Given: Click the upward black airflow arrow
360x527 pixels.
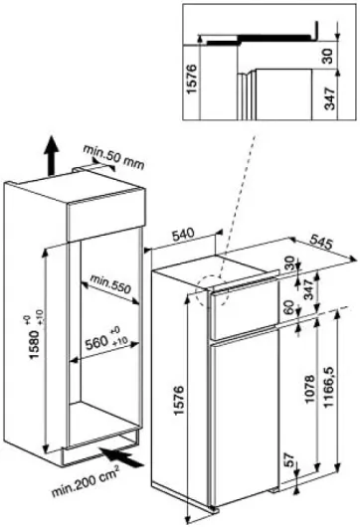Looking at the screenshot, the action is [51, 155].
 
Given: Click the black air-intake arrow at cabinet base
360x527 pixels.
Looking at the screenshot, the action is [123, 457].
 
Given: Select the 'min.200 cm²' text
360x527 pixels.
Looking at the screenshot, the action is [86, 480].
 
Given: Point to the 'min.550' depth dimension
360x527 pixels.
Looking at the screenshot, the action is [109, 283].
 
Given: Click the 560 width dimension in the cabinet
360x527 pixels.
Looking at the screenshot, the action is [106, 339].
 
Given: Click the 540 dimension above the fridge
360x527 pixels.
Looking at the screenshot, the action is [184, 235].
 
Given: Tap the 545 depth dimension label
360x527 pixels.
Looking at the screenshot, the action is [321, 243].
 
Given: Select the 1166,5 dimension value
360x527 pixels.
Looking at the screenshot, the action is [328, 387].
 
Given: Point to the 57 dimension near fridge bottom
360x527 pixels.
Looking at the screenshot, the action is [289, 459].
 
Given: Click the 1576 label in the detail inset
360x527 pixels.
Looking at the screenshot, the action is [191, 80].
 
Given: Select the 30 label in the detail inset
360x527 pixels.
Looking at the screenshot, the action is [326, 56].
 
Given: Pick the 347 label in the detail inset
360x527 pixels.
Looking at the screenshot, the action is [329, 98].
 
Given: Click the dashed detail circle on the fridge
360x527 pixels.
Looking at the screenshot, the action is [213, 290].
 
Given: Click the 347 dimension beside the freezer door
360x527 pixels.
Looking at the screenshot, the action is [309, 290].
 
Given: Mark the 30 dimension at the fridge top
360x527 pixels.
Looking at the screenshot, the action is [288, 263].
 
